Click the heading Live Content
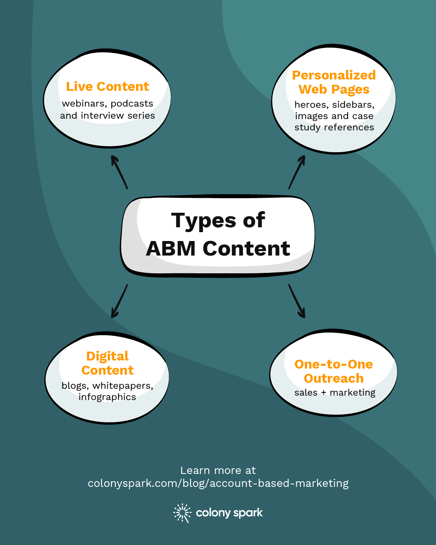107,86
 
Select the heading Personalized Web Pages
334,82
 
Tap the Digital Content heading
107,363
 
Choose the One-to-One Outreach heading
333,371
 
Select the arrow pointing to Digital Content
119,301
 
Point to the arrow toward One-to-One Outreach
297,301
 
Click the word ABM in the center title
171,248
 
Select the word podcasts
132,104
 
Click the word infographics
107,397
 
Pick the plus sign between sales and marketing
323,393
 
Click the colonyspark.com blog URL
218,483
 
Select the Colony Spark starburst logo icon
182,513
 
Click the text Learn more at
218,470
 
